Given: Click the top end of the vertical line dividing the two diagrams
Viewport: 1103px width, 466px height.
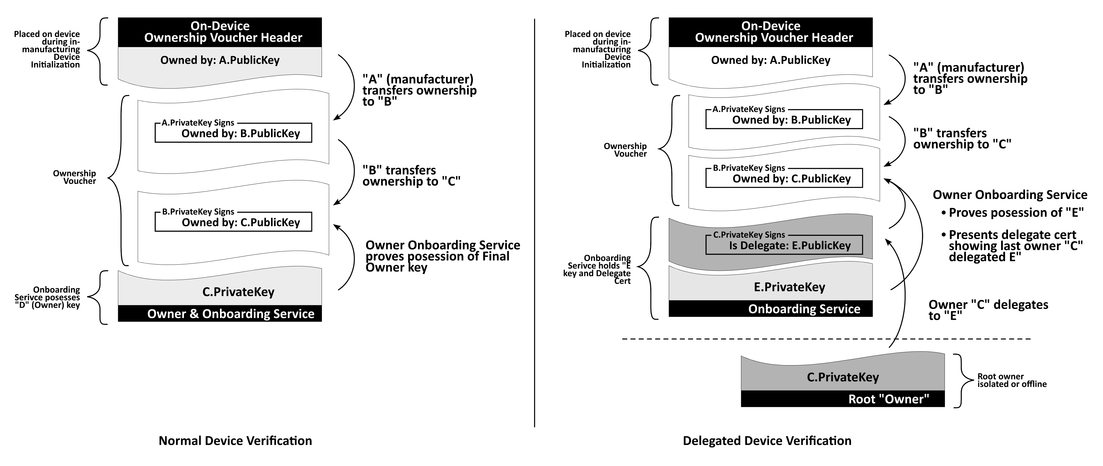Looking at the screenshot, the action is pos(534,19).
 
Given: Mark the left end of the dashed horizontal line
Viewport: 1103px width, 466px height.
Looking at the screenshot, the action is pos(622,339).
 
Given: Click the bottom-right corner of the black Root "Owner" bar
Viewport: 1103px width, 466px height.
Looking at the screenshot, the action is pos(945,407).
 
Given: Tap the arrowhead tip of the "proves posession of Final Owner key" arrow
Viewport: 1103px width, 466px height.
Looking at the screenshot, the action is pos(334,225).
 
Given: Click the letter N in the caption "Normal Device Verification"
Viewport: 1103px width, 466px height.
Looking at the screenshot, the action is pos(163,441).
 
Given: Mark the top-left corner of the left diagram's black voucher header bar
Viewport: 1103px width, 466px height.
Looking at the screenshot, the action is pos(118,17).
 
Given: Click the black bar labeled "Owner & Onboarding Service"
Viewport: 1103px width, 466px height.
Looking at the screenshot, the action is pos(220,314).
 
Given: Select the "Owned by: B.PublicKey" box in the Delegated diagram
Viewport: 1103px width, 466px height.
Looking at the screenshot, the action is pos(784,119).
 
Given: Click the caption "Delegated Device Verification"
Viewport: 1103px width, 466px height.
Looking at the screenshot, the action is pos(767,441).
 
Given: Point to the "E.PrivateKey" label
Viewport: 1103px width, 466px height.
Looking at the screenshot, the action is pos(789,287).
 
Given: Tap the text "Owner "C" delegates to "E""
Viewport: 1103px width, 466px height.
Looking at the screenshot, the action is pos(988,310).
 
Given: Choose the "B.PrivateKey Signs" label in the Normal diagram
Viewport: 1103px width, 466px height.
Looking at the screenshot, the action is pos(198,212).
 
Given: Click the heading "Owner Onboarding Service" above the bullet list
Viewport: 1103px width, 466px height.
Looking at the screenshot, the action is pos(1010,195).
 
